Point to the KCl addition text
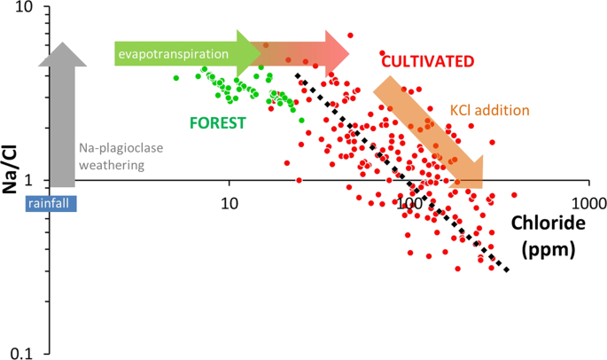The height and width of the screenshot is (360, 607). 489,110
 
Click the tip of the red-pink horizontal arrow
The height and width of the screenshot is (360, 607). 349,54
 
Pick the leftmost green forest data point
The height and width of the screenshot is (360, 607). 175,78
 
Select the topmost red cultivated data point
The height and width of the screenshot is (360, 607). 350,35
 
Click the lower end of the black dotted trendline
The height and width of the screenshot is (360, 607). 506,270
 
